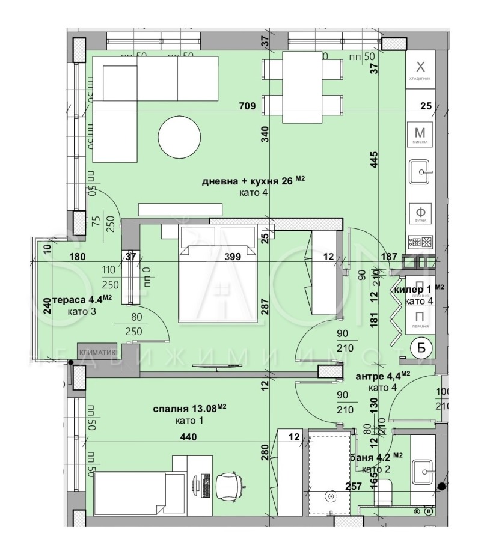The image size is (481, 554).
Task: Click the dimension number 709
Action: click(x=248, y=106)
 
